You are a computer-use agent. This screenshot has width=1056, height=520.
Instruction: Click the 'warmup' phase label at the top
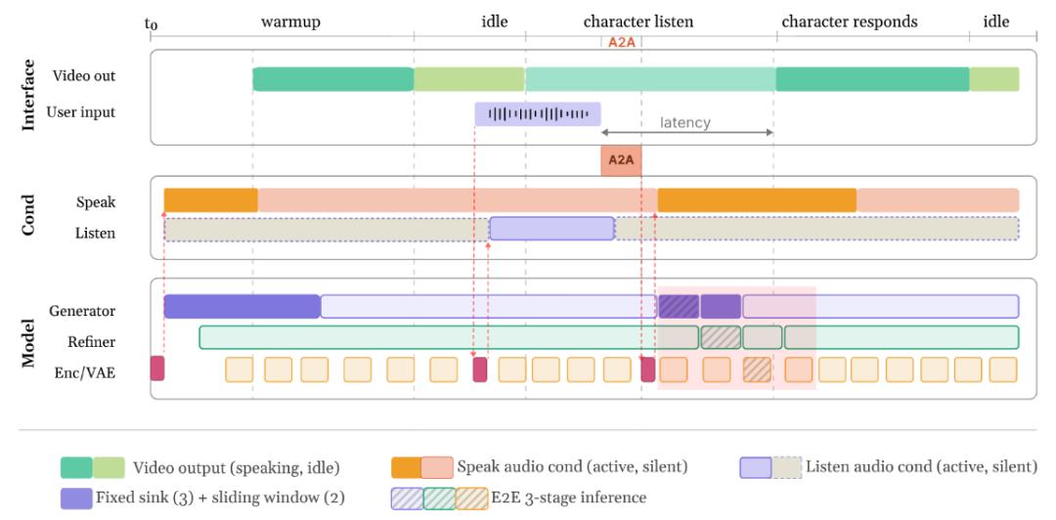pyautogui.click(x=290, y=22)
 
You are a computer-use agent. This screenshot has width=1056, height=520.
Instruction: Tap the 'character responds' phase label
pyautogui.click(x=849, y=22)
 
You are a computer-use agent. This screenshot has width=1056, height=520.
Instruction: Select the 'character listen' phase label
pyautogui.click(x=638, y=22)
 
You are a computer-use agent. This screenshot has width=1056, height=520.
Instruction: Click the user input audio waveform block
pyautogui.click(x=538, y=113)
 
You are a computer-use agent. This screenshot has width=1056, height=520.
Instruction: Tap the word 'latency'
pyautogui.click(x=684, y=123)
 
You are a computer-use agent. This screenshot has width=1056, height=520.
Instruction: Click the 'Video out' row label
pyautogui.click(x=84, y=76)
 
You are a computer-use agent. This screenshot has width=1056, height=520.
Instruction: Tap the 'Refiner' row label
pyautogui.click(x=92, y=341)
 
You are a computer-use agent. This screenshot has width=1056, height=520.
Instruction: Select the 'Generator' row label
pyautogui.click(x=83, y=311)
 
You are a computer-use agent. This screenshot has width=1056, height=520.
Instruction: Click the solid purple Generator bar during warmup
pyautogui.click(x=242, y=306)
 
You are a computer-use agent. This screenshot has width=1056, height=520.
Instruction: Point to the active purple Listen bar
pyautogui.click(x=551, y=229)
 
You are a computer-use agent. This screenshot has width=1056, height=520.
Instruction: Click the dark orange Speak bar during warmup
pyautogui.click(x=210, y=200)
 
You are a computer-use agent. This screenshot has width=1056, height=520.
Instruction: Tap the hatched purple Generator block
pyautogui.click(x=679, y=306)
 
